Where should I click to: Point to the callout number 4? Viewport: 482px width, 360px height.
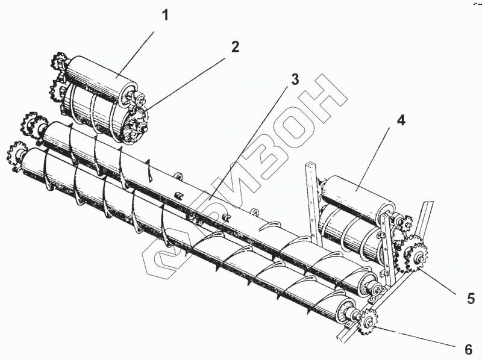pos(401,120)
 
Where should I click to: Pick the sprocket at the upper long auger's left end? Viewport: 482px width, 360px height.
pos(28,123)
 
